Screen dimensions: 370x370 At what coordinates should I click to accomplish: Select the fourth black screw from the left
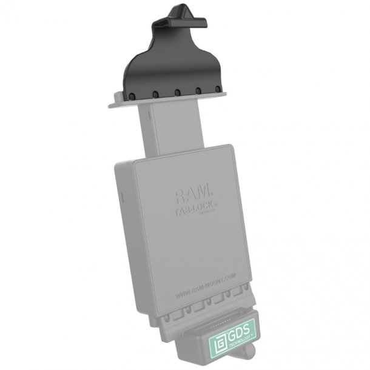[x=198, y=93]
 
